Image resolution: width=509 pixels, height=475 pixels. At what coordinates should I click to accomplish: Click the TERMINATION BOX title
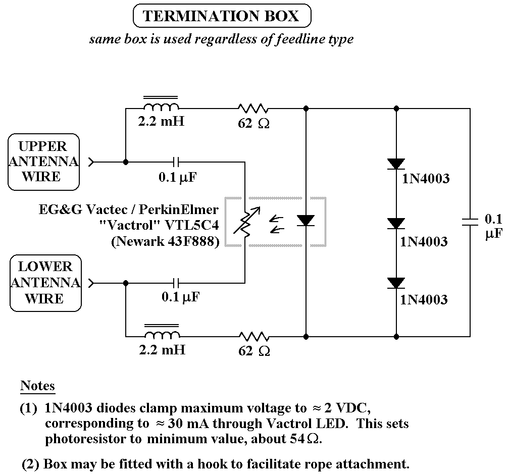(x=221, y=16)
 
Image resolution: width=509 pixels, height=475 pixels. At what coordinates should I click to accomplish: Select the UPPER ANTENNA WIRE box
(x=44, y=162)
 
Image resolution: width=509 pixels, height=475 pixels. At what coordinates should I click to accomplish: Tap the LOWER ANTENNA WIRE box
(x=45, y=283)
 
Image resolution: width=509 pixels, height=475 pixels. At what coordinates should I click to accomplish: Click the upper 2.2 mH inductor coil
(x=161, y=107)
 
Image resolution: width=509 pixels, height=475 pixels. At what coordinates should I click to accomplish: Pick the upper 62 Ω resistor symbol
(x=253, y=108)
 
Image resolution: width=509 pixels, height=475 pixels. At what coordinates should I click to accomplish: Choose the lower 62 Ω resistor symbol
(x=253, y=336)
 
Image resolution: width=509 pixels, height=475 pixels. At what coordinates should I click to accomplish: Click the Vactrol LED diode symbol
(x=306, y=221)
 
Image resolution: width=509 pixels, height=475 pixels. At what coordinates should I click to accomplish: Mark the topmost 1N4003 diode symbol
(x=396, y=164)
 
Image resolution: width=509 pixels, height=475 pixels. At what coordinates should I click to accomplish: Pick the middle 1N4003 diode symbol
(x=396, y=223)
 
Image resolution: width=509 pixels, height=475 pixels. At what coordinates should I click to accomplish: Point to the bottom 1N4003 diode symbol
(x=396, y=283)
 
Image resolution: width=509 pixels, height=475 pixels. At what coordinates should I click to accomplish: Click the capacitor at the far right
(x=470, y=222)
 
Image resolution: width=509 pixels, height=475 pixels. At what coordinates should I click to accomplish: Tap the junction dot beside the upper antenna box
(x=125, y=162)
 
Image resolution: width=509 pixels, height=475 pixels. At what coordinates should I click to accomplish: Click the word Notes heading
(x=37, y=386)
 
